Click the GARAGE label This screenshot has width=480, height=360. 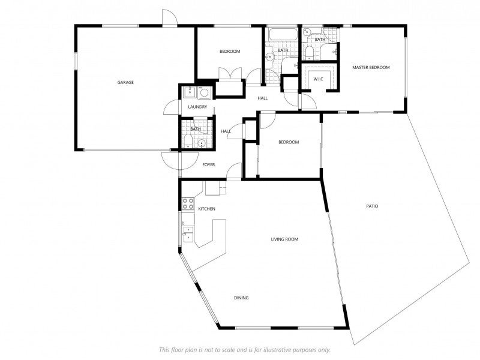(125, 82)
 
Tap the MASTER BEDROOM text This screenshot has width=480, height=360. (371, 67)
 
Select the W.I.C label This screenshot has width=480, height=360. (319, 79)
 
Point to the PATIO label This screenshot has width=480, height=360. (372, 206)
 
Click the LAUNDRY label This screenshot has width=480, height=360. (197, 107)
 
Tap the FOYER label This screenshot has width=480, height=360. (208, 164)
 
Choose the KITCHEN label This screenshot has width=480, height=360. (206, 209)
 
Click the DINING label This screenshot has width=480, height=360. (241, 298)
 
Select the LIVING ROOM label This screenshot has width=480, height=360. (284, 239)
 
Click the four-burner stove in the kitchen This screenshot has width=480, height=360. (188, 203)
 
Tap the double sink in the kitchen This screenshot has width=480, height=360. (188, 233)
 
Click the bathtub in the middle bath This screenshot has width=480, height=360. (283, 34)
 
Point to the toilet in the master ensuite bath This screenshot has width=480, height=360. (309, 53)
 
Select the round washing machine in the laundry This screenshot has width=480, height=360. (204, 92)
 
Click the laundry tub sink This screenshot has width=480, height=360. (190, 92)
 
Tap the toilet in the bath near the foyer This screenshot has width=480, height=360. (188, 142)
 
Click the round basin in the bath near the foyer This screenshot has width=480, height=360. (202, 143)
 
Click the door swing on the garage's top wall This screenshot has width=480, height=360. (169, 17)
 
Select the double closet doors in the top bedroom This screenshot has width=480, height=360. (230, 74)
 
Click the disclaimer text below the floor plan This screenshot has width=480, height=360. (245, 350)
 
